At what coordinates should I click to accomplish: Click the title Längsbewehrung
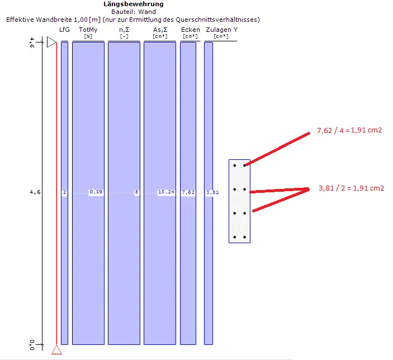pos(134,4)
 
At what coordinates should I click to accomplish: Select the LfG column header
pos(64,30)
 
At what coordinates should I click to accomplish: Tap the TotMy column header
pos(88,30)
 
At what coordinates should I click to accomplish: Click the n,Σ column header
pos(124,30)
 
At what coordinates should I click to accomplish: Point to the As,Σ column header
pos(160,30)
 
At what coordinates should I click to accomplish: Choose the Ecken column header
pos(191,30)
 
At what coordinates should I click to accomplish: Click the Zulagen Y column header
pos(221,30)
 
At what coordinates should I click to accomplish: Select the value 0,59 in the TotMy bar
pos(96,192)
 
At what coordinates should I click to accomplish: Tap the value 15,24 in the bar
pos(166,192)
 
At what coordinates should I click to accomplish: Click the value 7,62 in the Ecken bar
pos(188,192)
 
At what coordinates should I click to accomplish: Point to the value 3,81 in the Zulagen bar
pos(212,192)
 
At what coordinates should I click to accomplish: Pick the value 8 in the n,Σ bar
pos(136,192)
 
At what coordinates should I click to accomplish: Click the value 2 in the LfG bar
pos(64,192)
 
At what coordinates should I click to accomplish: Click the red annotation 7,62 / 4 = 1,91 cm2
pos(349,130)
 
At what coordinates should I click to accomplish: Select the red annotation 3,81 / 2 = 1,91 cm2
pos(351,188)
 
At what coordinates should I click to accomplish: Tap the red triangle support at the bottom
pos(56,349)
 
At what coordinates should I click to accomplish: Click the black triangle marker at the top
pos(51,42)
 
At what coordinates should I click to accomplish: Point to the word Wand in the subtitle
pos(147,12)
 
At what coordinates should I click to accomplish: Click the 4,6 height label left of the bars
pos(35,192)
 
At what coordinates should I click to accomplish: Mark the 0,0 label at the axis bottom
pos(32,345)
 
